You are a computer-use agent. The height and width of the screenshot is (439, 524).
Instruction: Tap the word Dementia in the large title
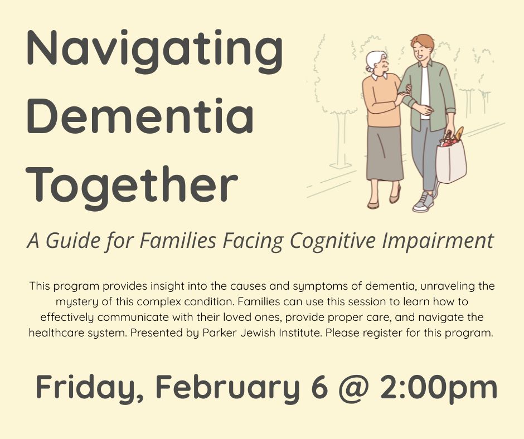(140, 117)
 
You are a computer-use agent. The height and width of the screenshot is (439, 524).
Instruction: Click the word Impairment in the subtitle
(438, 241)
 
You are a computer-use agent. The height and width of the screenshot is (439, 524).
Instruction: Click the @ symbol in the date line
(354, 387)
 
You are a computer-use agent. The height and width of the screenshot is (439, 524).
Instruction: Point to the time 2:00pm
(438, 387)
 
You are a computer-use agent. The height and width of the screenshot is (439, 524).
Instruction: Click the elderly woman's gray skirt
(385, 153)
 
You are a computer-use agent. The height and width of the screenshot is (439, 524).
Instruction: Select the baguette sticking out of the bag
(458, 133)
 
